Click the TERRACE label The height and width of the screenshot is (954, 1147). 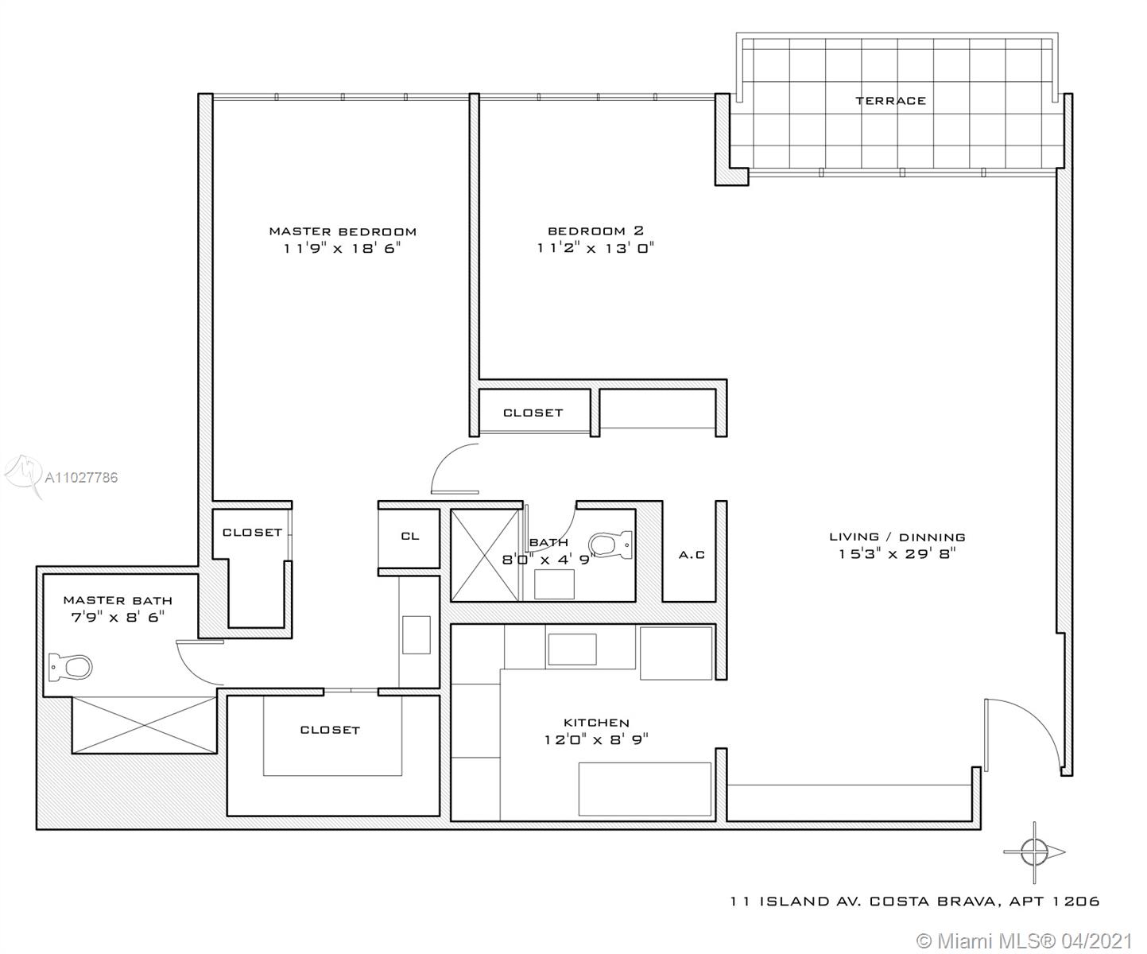[x=890, y=100]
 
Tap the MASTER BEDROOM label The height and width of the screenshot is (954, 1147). [x=343, y=231]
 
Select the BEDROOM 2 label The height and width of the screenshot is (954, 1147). [x=595, y=231]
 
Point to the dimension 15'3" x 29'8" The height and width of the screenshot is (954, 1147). [x=897, y=553]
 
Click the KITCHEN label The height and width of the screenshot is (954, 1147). [x=597, y=723]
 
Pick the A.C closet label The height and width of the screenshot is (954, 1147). [x=692, y=555]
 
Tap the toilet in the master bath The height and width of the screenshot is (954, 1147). [x=70, y=667]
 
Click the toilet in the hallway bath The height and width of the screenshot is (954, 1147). [x=610, y=544]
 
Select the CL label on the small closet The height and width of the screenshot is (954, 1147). [x=410, y=537]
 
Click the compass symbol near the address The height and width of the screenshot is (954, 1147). [x=1034, y=852]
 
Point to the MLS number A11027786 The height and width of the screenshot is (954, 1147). [x=81, y=478]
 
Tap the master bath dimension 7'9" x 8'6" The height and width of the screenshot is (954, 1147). [x=118, y=617]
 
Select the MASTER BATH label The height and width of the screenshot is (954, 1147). [x=118, y=601]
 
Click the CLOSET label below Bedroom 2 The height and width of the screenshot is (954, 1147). [x=533, y=413]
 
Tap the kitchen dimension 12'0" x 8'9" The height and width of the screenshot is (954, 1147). [x=597, y=739]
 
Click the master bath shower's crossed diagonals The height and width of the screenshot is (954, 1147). [x=145, y=725]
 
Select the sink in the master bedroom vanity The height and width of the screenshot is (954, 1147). [x=417, y=634]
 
